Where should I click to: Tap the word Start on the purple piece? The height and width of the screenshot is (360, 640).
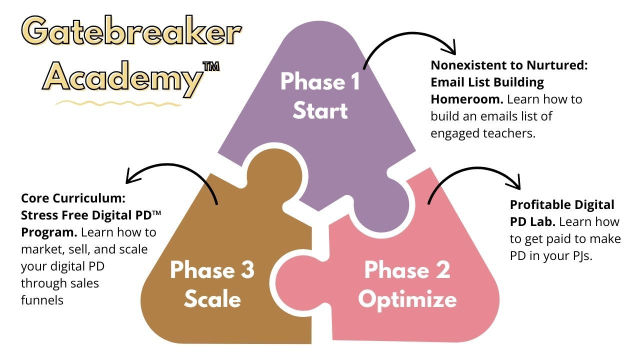[x=320, y=111]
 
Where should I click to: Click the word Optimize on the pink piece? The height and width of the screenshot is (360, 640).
[x=407, y=299]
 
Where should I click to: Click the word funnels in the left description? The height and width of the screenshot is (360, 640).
[x=42, y=300]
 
